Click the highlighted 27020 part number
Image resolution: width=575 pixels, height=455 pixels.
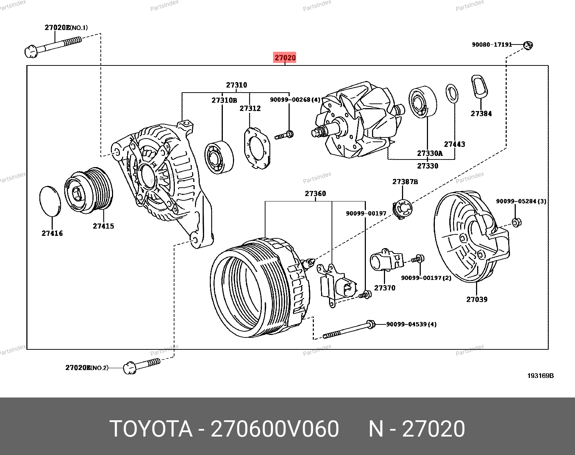tap(285, 58)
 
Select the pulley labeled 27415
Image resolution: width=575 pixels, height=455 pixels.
tap(89, 188)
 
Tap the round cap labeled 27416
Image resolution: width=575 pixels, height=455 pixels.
tap(50, 201)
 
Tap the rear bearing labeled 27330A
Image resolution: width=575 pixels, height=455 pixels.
tap(422, 102)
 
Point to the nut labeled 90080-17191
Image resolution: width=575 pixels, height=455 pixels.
tap(528, 45)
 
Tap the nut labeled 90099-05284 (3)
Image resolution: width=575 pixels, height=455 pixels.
tap(516, 222)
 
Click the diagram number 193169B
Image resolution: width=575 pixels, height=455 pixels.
tap(540, 376)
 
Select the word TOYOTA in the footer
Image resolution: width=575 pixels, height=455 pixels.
tap(151, 429)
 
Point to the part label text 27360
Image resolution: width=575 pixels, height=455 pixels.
tap(315, 194)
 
